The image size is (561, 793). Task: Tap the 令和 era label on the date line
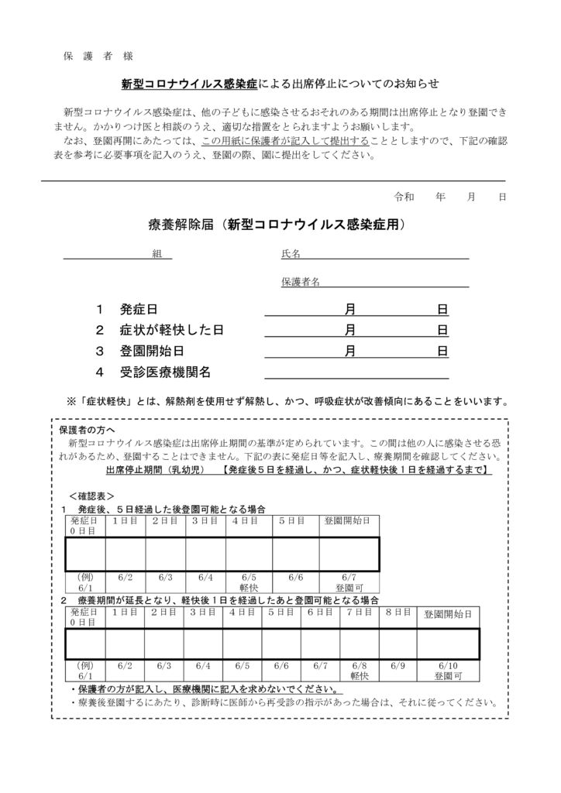click(x=404, y=197)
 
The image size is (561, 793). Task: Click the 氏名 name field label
click(x=291, y=254)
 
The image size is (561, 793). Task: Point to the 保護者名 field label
click(x=301, y=282)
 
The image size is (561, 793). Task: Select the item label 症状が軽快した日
click(x=172, y=330)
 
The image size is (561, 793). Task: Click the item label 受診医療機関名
click(x=165, y=372)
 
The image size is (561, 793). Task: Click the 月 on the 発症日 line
click(x=350, y=310)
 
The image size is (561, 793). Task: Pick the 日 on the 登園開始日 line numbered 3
click(x=442, y=351)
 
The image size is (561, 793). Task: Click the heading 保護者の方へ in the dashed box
click(x=87, y=430)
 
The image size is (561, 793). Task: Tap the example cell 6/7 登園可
click(x=349, y=582)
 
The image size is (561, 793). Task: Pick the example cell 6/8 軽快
click(x=359, y=671)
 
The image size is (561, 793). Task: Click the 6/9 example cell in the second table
click(x=398, y=665)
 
